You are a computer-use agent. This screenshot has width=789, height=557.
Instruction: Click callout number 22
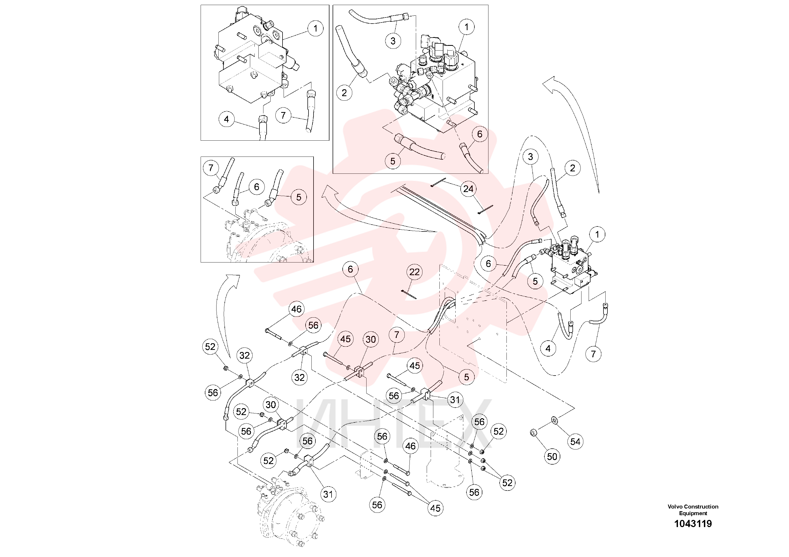(415, 272)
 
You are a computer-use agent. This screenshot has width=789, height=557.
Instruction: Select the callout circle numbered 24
(468, 189)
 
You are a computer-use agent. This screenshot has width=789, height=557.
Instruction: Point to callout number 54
(576, 442)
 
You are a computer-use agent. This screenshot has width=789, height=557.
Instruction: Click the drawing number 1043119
(693, 524)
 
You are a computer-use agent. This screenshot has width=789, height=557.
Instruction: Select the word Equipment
(693, 513)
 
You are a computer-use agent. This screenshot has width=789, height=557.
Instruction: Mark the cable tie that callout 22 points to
(409, 294)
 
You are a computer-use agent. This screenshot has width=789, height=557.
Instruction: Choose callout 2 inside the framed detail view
(344, 93)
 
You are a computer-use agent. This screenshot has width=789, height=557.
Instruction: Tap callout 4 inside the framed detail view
(226, 119)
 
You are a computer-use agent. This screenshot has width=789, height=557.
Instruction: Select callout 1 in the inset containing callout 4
(315, 29)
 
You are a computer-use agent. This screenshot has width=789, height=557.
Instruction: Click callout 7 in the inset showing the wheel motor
(211, 168)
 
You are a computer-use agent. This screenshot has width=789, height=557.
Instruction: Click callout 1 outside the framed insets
(597, 235)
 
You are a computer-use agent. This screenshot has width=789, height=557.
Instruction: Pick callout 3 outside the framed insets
(530, 157)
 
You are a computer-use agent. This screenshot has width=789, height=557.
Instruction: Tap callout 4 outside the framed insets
(548, 349)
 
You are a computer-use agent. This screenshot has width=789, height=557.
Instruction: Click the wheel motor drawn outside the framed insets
(289, 512)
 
